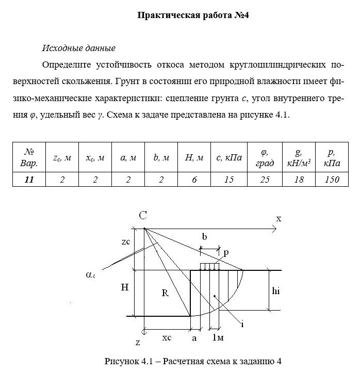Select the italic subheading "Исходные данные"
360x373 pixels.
click(78, 49)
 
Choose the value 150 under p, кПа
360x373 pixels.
click(330, 179)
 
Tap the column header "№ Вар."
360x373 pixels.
click(29, 158)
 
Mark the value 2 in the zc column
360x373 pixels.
click(62, 179)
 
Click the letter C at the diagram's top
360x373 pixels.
click(142, 216)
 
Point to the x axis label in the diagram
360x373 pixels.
click(279, 218)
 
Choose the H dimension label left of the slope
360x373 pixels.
click(124, 288)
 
